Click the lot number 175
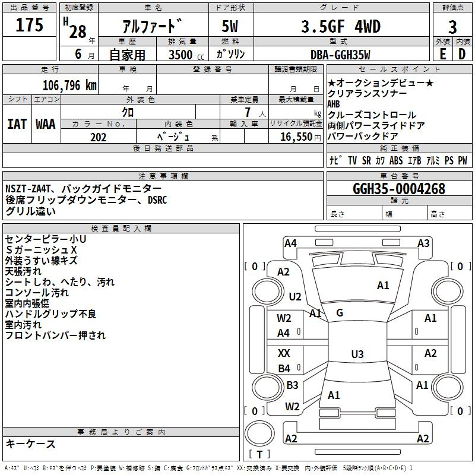[x=29, y=24]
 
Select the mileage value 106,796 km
[x=69, y=85]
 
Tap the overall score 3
[x=452, y=27]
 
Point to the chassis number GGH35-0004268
[x=399, y=189]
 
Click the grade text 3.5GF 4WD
[x=341, y=26]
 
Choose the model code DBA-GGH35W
[x=340, y=55]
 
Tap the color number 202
[x=98, y=137]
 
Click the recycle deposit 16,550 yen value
[x=300, y=137]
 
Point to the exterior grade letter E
[x=442, y=54]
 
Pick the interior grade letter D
[x=462, y=54]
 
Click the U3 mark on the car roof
[x=357, y=354]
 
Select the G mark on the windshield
[x=340, y=313]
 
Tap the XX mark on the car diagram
[x=284, y=353]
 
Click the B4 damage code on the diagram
[x=284, y=368]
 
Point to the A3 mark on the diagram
[x=423, y=243]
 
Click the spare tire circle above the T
[x=259, y=433]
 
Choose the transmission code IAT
[x=17, y=124]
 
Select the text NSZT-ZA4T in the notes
[x=27, y=189]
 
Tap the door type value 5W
[x=230, y=26]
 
